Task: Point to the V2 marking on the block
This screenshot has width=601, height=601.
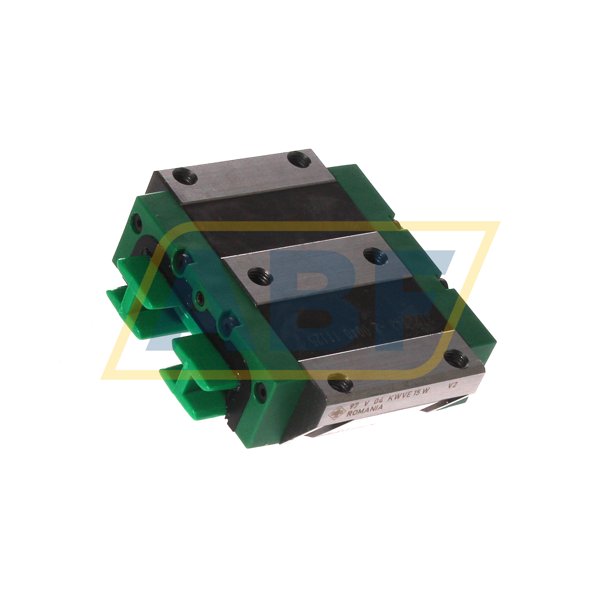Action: (x=452, y=386)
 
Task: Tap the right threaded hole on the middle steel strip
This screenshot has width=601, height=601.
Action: (x=374, y=255)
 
